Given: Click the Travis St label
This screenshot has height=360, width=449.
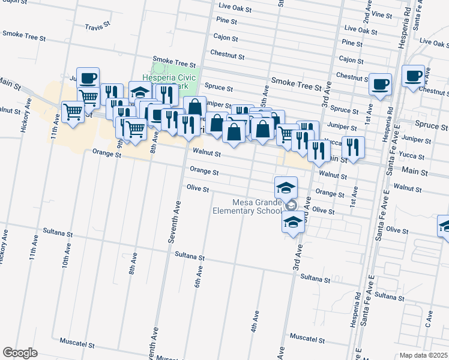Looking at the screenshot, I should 98,27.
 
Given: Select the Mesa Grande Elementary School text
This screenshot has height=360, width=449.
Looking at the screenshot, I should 247,206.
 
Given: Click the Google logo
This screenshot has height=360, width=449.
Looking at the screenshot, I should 20,353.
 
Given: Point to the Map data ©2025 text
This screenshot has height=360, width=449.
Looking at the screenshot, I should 424,355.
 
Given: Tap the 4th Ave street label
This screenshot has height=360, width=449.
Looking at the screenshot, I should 255,321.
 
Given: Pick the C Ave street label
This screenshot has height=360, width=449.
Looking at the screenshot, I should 429,319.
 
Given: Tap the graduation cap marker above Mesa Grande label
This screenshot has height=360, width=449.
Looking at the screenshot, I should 286,187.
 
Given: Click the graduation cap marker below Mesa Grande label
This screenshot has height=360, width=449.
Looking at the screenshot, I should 293,222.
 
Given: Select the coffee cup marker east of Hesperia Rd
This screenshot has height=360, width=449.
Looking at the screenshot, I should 413,76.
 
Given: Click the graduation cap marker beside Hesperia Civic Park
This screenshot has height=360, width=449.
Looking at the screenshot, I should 140,92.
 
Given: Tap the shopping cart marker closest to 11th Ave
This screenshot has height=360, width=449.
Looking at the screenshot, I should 73,112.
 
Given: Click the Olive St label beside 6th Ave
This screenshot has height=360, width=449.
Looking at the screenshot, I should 197,188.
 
